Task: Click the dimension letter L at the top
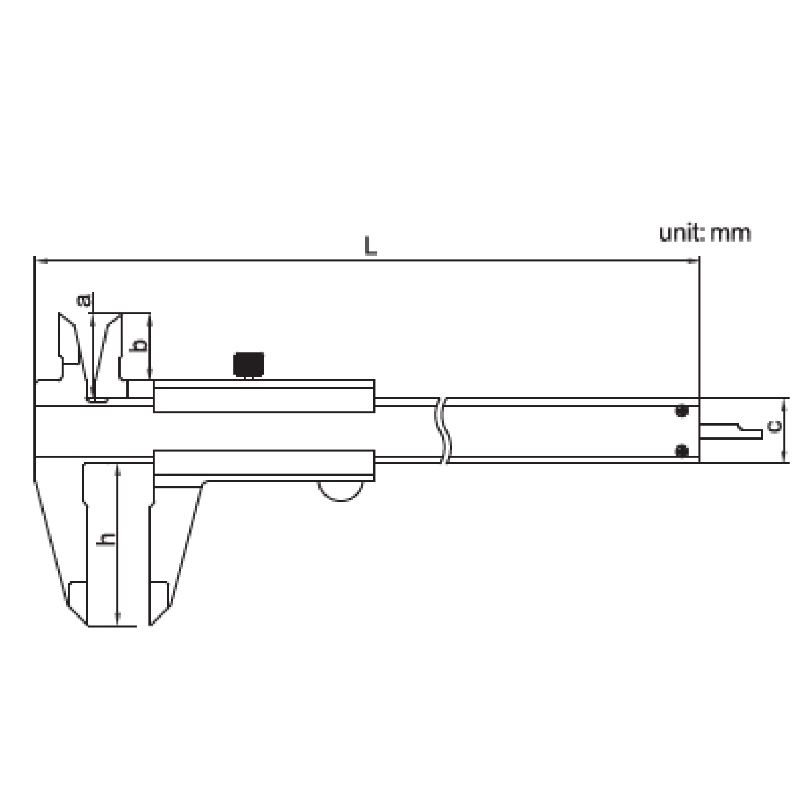[370, 246]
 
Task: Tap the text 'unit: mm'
[705, 233]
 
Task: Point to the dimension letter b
[140, 344]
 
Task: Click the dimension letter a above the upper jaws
[85, 300]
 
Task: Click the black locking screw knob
[249, 364]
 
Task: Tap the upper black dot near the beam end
[682, 412]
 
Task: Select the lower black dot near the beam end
[682, 450]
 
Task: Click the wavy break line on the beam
[442, 430]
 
